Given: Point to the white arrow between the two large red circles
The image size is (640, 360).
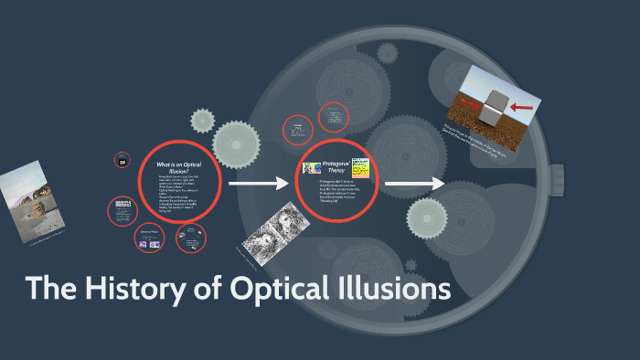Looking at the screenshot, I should click(x=258, y=185).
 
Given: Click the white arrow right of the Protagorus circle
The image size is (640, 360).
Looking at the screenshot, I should click(x=413, y=185).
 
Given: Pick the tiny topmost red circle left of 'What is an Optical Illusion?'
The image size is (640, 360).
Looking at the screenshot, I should click(x=122, y=160).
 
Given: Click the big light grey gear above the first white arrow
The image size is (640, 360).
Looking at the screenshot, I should click(x=237, y=143).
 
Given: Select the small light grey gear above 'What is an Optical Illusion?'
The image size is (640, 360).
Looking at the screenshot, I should click(x=202, y=120).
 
